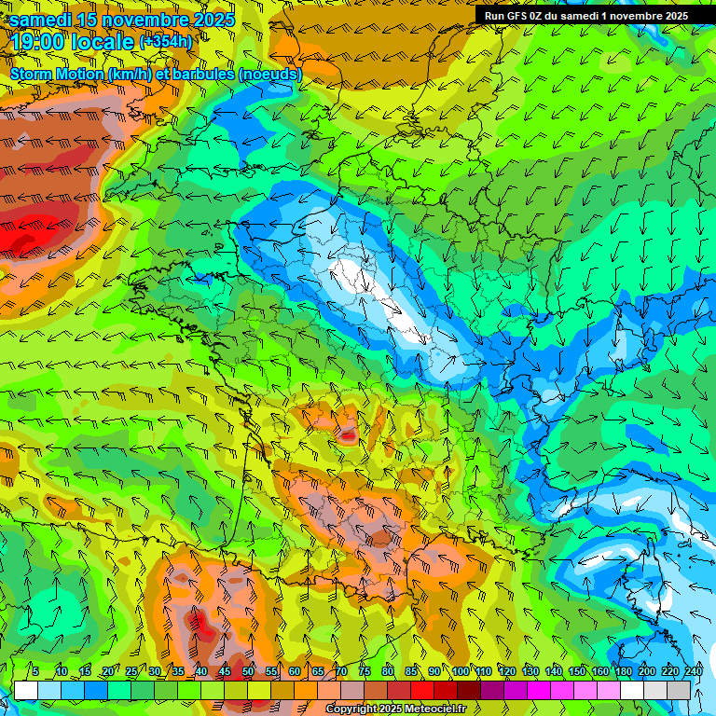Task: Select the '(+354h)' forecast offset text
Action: point(166,41)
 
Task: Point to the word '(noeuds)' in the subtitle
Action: point(269,74)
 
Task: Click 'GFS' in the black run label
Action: point(522,15)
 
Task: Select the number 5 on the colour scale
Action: point(35,671)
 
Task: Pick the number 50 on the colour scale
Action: point(247,671)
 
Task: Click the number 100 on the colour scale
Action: point(460,671)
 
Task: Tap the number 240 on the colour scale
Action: point(693,671)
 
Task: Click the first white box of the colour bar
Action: point(25,690)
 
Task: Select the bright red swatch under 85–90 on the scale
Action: point(422,690)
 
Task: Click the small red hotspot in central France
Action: point(348,434)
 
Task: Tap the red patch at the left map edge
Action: point(23,231)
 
